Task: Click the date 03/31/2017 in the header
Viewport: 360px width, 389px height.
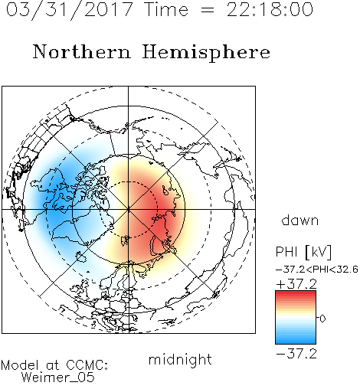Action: click(x=69, y=10)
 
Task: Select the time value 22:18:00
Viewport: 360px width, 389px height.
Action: click(x=270, y=9)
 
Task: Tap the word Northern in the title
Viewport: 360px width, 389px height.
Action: click(x=82, y=52)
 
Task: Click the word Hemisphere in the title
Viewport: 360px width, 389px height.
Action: click(x=206, y=53)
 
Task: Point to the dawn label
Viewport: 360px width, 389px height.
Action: click(x=299, y=220)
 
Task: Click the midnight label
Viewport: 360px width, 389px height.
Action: click(x=180, y=360)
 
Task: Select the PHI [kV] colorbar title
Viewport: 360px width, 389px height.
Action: click(x=303, y=252)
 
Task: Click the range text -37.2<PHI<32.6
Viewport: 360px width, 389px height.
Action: click(x=317, y=270)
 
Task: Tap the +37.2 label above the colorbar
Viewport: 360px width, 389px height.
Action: click(x=296, y=284)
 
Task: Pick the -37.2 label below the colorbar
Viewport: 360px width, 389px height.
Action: click(x=296, y=354)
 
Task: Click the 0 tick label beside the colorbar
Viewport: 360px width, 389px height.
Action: click(x=322, y=319)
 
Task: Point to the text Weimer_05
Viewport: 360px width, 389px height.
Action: click(x=57, y=378)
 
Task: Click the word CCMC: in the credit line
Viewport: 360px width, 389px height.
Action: click(x=87, y=365)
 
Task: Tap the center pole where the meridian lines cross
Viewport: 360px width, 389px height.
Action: click(x=129, y=209)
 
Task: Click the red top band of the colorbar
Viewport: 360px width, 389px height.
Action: click(x=296, y=296)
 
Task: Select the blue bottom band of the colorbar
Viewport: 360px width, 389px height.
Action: click(x=296, y=339)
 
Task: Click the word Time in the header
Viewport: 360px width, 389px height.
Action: click(x=166, y=9)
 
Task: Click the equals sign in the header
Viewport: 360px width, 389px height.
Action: click(x=208, y=10)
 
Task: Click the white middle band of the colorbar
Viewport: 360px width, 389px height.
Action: click(x=296, y=319)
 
